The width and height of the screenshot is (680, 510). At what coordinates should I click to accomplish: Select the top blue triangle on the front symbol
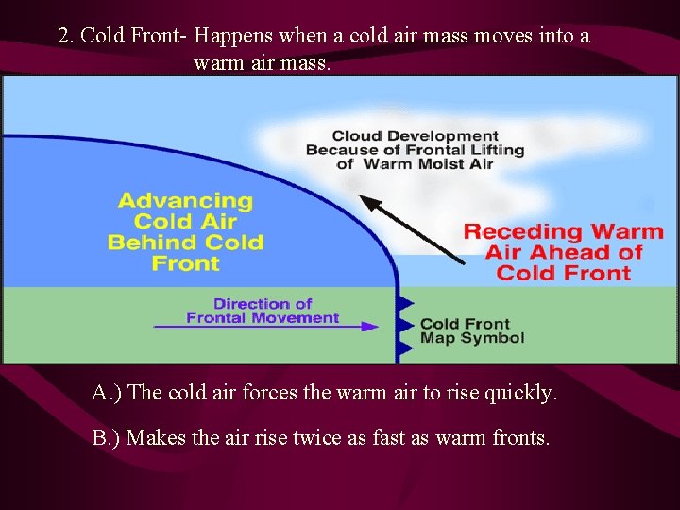click(406, 303)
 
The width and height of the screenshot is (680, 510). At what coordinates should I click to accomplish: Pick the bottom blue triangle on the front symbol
click(406, 348)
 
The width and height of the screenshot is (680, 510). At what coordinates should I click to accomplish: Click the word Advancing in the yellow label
click(186, 201)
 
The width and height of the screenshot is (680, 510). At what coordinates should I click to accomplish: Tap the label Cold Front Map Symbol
click(471, 331)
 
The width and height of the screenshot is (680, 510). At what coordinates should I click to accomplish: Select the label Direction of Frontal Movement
click(263, 311)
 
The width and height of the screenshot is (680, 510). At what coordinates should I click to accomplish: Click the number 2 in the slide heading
click(63, 36)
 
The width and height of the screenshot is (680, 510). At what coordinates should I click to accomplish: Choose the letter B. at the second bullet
click(103, 438)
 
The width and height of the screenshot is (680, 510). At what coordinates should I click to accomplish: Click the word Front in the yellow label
click(186, 263)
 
